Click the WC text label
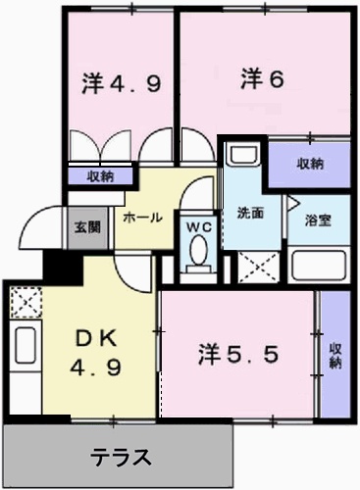pos(200,225)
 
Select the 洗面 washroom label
pos(249,213)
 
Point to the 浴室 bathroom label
pos(318,220)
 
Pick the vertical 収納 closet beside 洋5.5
pos(335,355)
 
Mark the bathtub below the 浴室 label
pos(317,264)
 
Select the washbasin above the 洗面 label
pos(242,157)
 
